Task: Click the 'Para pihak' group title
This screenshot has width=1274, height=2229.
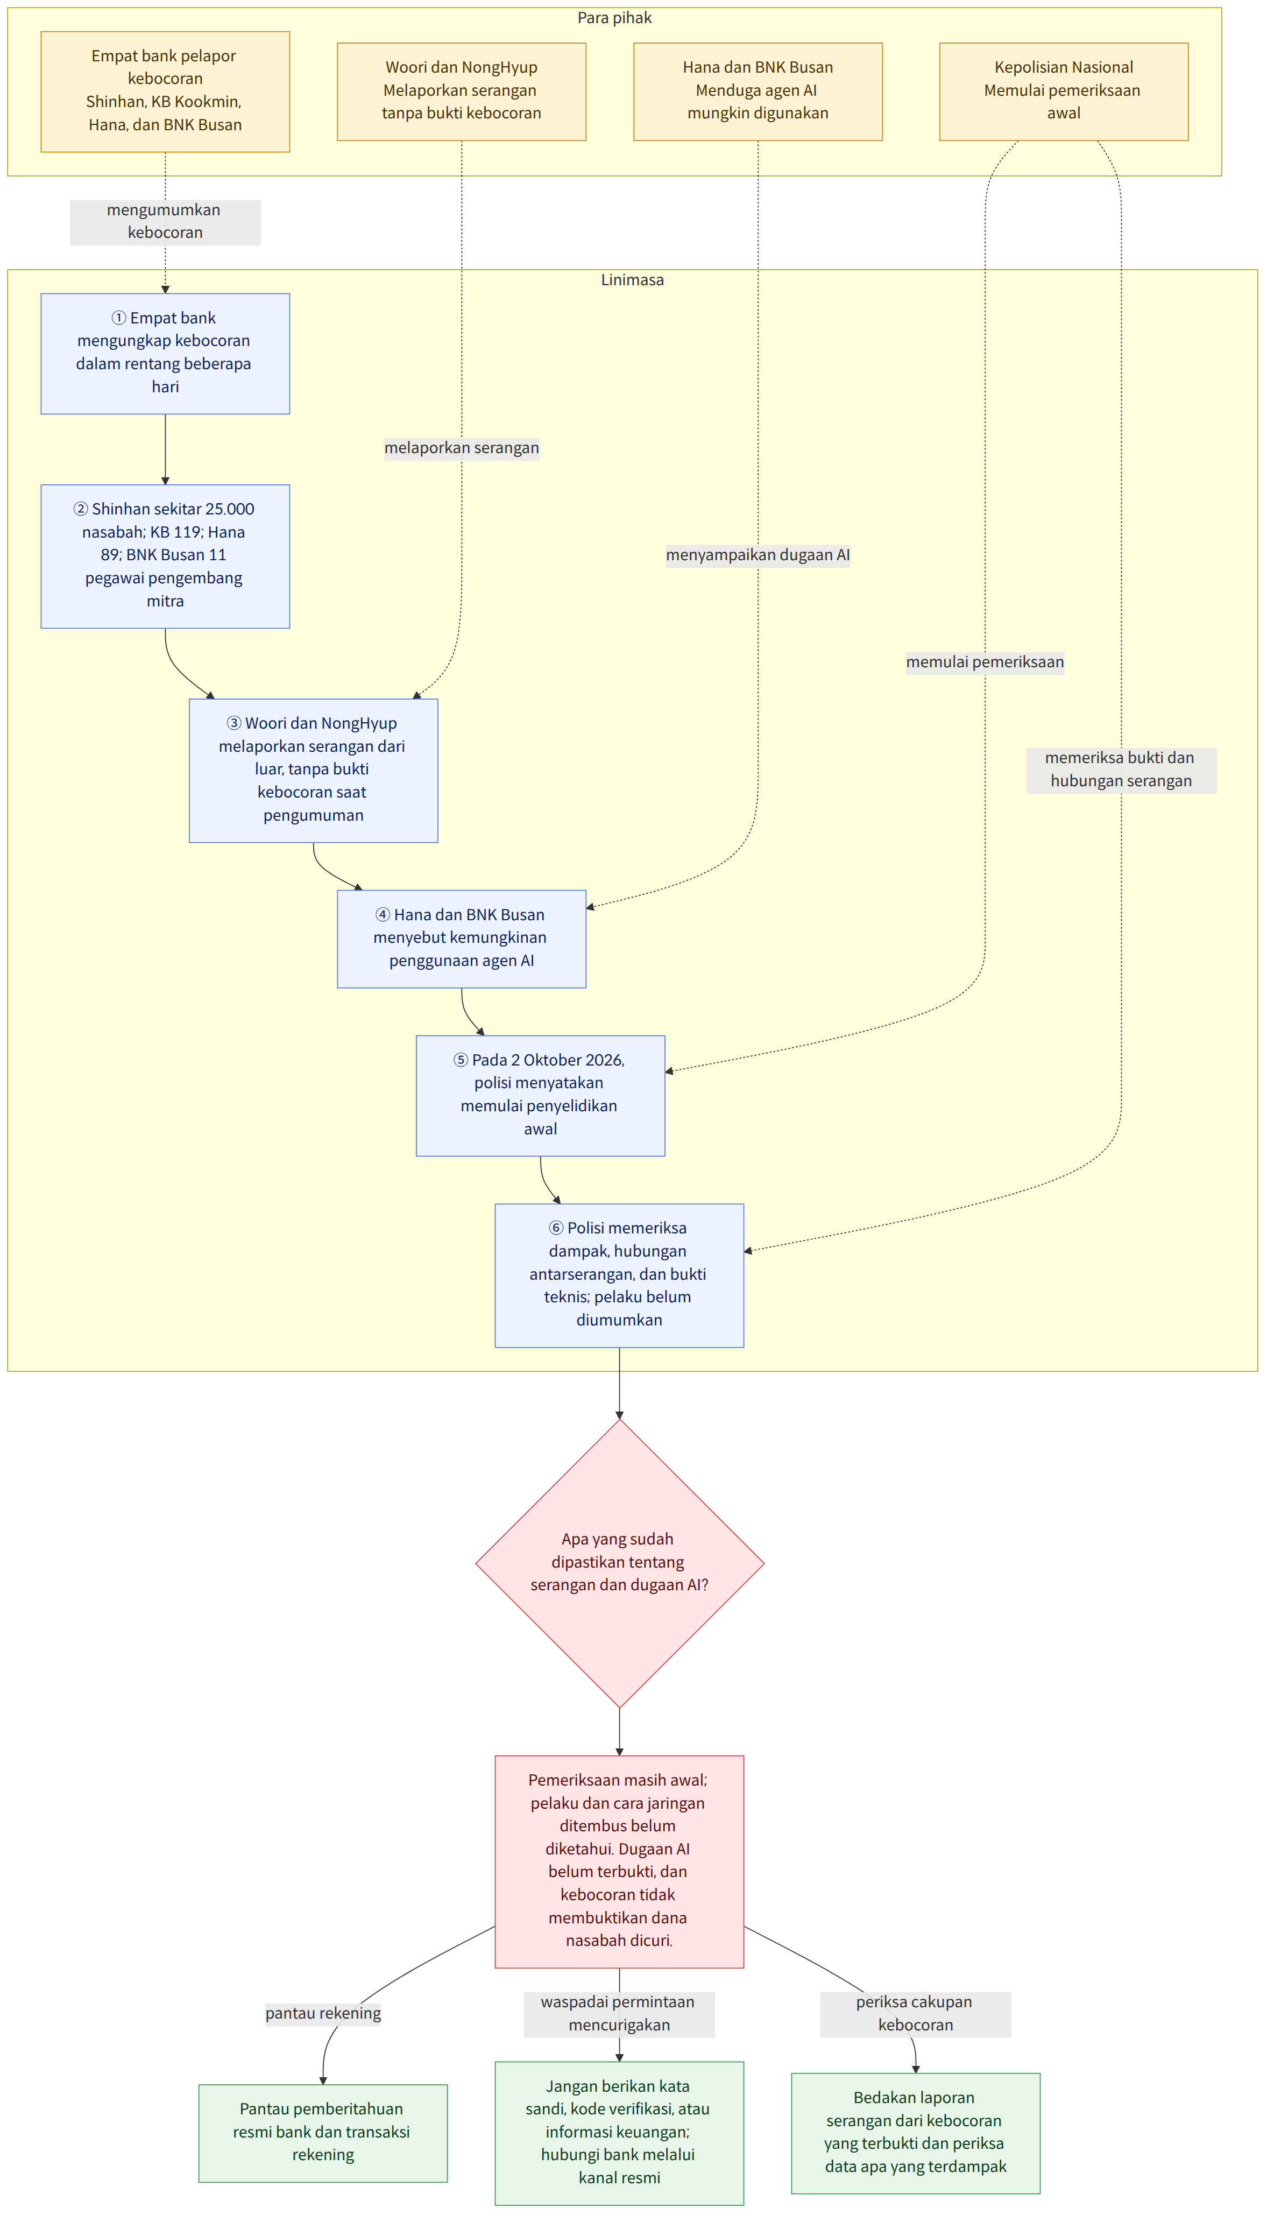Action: pyautogui.click(x=614, y=18)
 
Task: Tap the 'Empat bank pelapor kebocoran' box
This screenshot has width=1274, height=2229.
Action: pyautogui.click(x=165, y=92)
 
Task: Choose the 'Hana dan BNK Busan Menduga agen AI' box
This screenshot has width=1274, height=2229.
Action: pyautogui.click(x=758, y=92)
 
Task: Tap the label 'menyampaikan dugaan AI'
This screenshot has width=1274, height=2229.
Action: pyautogui.click(x=758, y=555)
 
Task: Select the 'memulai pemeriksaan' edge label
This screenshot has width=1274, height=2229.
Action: pyautogui.click(x=985, y=662)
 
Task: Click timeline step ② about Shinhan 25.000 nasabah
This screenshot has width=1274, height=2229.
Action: pyautogui.click(x=165, y=556)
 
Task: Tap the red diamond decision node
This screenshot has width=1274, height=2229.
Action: pyautogui.click(x=619, y=1563)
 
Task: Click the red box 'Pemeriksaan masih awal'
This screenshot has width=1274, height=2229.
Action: pyautogui.click(x=619, y=1861)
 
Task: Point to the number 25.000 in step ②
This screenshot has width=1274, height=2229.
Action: pyautogui.click(x=229, y=509)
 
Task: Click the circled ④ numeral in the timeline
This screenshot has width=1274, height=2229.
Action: pyautogui.click(x=383, y=914)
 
